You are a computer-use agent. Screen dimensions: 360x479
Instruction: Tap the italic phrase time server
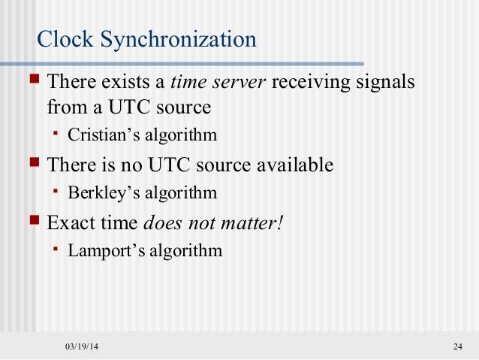(x=218, y=82)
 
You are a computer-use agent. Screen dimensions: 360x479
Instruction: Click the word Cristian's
(x=98, y=136)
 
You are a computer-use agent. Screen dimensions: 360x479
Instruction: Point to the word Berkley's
(x=98, y=192)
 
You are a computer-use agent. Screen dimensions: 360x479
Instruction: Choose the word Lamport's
(x=101, y=250)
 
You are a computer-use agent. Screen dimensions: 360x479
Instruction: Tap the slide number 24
(x=457, y=346)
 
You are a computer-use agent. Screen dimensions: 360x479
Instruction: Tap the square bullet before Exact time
(x=33, y=222)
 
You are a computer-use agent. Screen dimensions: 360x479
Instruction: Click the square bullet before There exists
(x=33, y=80)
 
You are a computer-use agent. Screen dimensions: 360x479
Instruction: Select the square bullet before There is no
(x=33, y=163)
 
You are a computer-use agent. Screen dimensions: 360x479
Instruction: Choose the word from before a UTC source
(x=65, y=107)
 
